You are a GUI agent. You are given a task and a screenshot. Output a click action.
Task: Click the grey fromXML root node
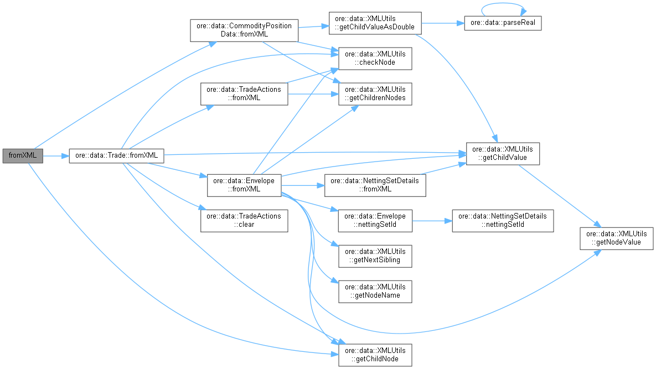coord(23,155)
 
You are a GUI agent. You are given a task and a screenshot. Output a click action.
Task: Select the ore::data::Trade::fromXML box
coord(116,155)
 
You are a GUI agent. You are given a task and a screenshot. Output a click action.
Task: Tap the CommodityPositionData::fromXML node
coord(244,29)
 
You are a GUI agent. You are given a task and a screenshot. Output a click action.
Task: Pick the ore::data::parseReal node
coord(503,23)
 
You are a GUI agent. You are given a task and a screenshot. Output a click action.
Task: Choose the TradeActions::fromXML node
coord(244,93)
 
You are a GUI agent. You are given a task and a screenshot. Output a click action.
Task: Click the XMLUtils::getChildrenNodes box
coord(375,93)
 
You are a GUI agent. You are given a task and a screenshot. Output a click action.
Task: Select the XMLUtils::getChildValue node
coord(503,153)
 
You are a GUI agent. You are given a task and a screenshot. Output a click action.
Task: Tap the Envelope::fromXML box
coord(244,184)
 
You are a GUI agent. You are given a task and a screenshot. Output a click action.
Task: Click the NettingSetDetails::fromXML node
coord(375,184)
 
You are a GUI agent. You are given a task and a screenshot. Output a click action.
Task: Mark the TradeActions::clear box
coord(244,220)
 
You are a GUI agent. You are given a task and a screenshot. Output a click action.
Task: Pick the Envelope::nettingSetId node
coord(375,220)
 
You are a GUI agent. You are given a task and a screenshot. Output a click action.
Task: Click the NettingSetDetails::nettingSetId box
coord(503,220)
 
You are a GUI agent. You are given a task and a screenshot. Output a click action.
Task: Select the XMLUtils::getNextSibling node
coord(375,256)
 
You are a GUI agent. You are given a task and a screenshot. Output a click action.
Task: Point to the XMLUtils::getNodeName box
coord(375,291)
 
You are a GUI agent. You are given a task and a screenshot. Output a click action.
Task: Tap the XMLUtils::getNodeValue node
coord(617,238)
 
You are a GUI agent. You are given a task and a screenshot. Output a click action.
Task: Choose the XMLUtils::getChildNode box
coord(375,355)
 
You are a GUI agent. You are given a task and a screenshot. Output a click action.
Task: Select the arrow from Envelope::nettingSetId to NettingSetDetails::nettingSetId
coord(432,220)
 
